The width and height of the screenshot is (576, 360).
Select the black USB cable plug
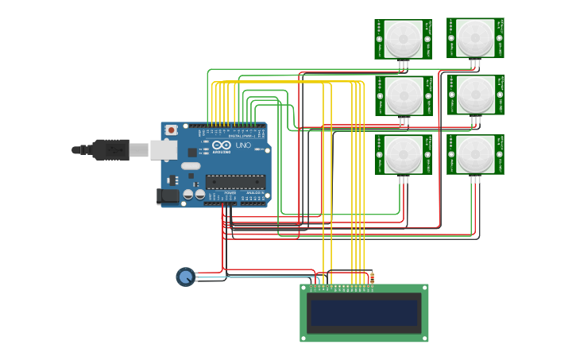pyautogui.click(x=111, y=149)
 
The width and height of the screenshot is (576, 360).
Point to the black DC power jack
pyautogui.click(x=168, y=195)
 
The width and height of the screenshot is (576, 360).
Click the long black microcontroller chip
pyautogui.click(x=234, y=182)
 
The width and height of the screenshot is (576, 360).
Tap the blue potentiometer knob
pyautogui.click(x=185, y=277)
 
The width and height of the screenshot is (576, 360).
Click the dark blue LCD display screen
pyautogui.click(x=364, y=313)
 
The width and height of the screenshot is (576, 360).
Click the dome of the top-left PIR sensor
pyautogui.click(x=404, y=37)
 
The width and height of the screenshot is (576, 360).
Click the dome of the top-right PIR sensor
pyautogui.click(x=475, y=36)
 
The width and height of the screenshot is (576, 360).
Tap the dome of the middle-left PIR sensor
pyautogui.click(x=404, y=94)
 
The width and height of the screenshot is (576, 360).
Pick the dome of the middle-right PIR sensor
pyautogui.click(x=475, y=94)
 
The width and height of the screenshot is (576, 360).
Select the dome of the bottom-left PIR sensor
pyautogui.click(x=404, y=153)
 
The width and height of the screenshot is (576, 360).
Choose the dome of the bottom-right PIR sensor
pyautogui.click(x=475, y=153)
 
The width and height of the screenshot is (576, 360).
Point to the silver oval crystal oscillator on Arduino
pyautogui.click(x=191, y=166)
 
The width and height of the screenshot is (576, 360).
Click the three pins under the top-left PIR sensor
pyautogui.click(x=404, y=64)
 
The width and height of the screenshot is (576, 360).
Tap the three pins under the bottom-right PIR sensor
pyautogui.click(x=475, y=180)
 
